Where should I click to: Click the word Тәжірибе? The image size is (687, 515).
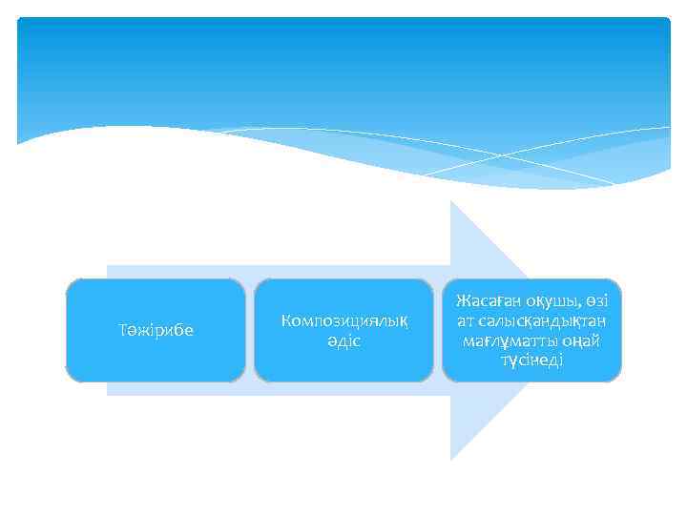click(155, 331)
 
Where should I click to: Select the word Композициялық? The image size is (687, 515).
click(343, 321)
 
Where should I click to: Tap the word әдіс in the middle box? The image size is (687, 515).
click(343, 340)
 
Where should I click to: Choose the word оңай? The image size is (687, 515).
click(581, 340)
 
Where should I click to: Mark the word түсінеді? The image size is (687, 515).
click(531, 360)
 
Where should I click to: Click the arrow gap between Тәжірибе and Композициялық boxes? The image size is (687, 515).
click(250, 330)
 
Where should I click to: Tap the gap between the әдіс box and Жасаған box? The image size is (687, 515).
click(438, 330)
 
